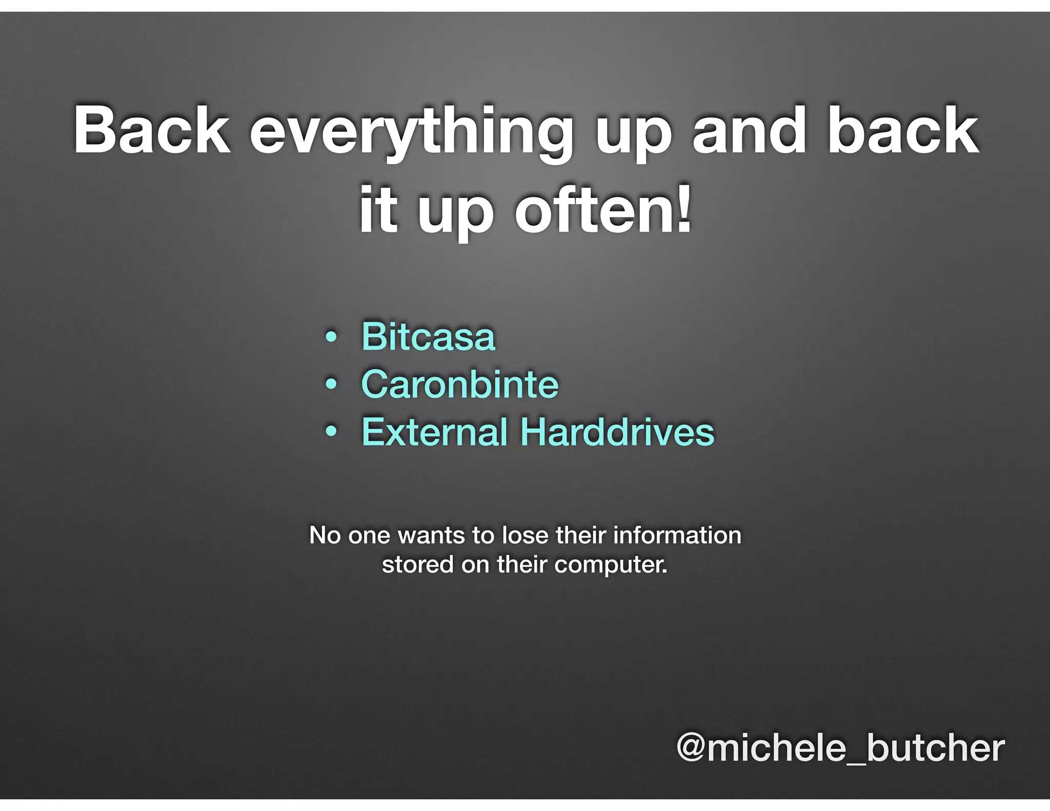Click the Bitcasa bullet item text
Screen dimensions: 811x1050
tap(428, 337)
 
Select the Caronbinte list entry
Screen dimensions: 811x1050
tap(459, 384)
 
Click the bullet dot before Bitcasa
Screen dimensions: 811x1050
tap(332, 338)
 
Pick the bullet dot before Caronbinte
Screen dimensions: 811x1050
tap(332, 385)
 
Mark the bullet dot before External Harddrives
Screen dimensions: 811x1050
tap(332, 433)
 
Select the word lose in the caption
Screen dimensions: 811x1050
tap(525, 535)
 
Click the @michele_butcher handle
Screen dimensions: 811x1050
tap(840, 748)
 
